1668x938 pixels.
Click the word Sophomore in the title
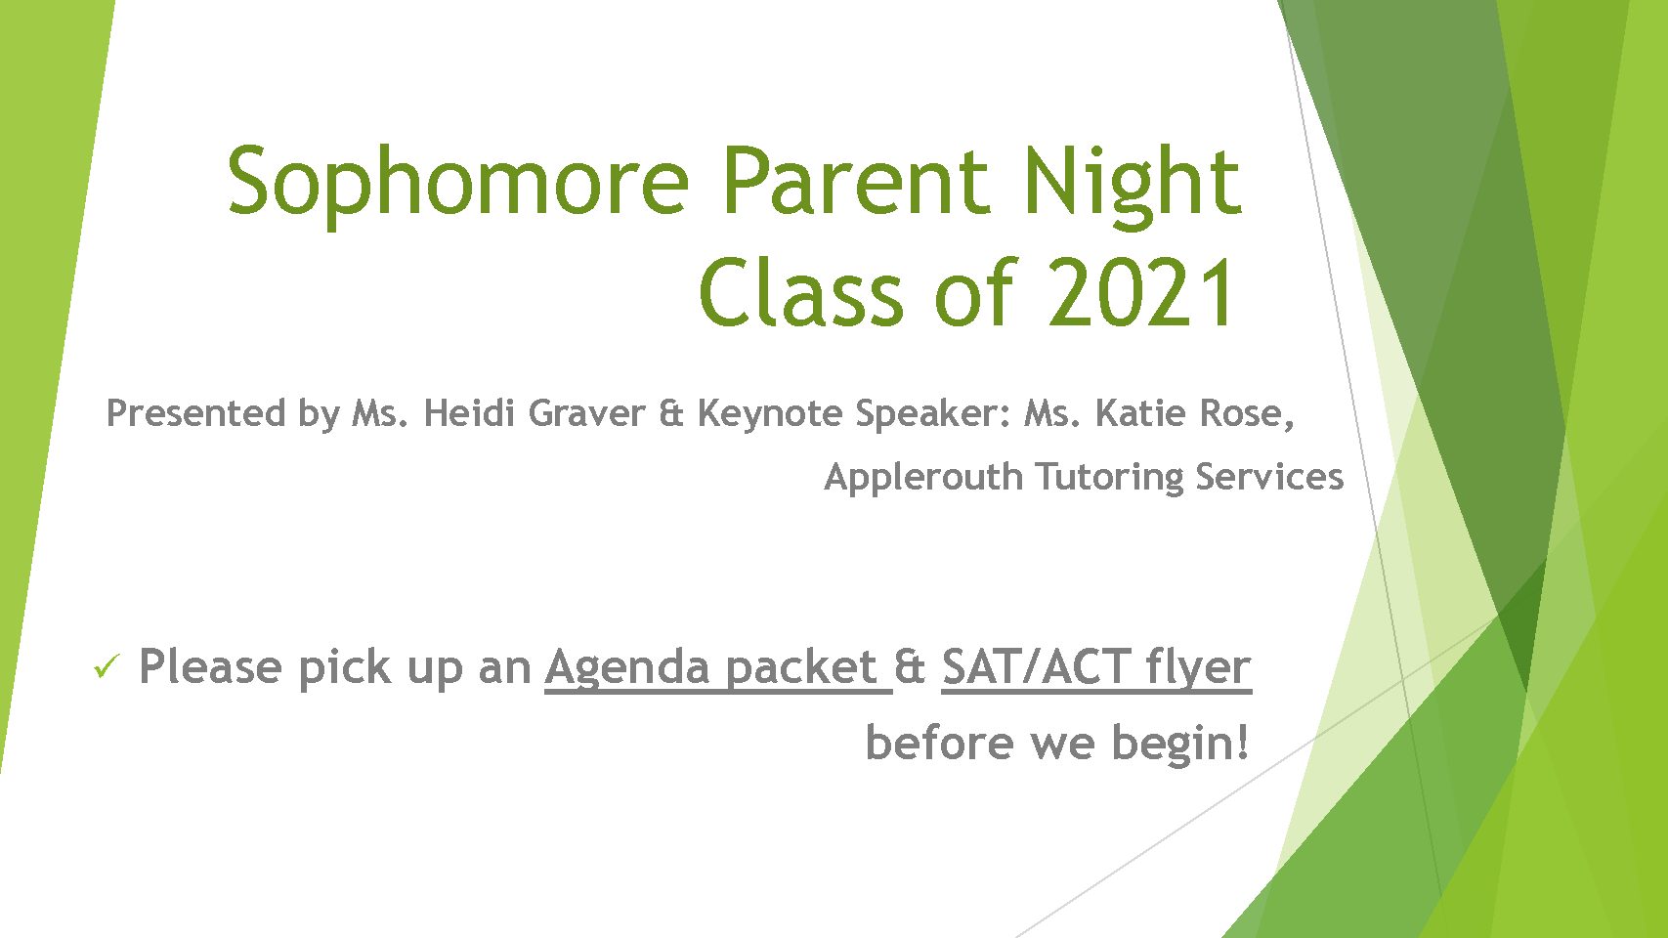click(x=458, y=183)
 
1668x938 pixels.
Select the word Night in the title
click(x=1132, y=183)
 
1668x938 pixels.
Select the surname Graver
click(x=586, y=413)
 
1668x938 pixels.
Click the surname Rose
click(x=1241, y=414)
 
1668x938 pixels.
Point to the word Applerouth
click(x=923, y=478)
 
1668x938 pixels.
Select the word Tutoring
click(x=1109, y=478)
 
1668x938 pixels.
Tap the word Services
click(x=1269, y=477)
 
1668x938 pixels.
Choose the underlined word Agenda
click(x=627, y=668)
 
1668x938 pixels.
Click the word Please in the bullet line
click(x=210, y=666)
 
